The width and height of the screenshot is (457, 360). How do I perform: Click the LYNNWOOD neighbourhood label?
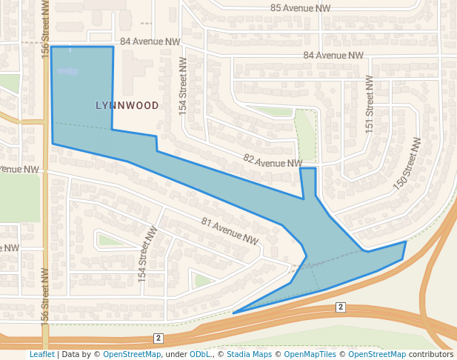click(x=127, y=105)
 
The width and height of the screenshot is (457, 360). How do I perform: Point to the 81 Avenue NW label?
click(x=230, y=230)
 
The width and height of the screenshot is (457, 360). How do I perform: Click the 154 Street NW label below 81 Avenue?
click(x=148, y=254)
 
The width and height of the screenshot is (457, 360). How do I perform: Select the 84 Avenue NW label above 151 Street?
click(x=333, y=56)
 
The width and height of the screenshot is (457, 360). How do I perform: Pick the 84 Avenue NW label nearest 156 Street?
click(x=150, y=42)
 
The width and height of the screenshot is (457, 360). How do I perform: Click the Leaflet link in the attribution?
click(x=41, y=354)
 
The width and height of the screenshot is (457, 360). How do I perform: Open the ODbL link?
click(x=200, y=354)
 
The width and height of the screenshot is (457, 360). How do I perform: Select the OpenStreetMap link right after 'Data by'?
click(x=131, y=354)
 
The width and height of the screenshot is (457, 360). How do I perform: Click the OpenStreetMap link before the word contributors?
click(x=377, y=354)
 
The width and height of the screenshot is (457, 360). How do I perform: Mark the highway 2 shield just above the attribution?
click(x=159, y=338)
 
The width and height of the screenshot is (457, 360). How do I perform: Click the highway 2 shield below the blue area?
click(x=341, y=307)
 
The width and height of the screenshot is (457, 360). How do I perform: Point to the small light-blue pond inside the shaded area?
click(x=67, y=72)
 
